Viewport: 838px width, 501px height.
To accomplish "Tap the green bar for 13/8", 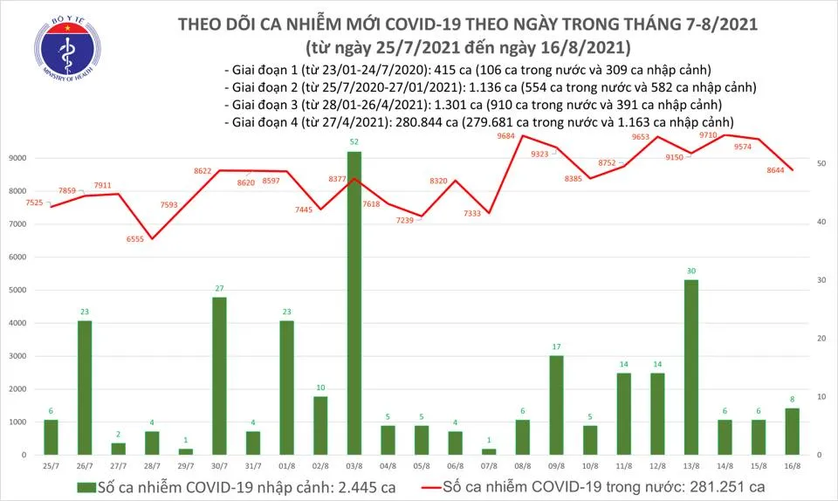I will click(x=690, y=367).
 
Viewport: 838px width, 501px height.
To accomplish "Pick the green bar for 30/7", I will click(x=219, y=375).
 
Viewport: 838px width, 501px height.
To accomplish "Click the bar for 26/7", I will click(x=85, y=388).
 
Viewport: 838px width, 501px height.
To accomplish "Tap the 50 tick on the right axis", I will click(x=821, y=164).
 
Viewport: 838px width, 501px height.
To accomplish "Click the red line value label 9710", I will click(x=708, y=136).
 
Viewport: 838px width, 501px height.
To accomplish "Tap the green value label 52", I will click(x=354, y=142).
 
